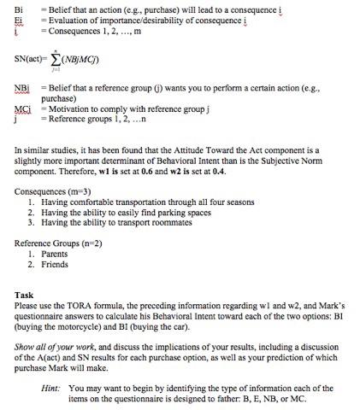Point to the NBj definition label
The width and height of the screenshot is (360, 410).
click(22, 89)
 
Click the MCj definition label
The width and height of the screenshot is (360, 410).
click(23, 108)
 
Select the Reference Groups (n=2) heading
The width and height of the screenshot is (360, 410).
click(58, 243)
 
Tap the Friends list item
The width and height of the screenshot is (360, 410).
click(54, 264)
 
